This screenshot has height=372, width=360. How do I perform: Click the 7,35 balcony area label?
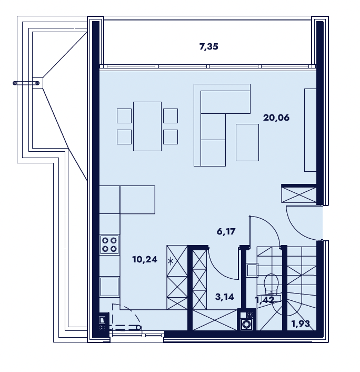coord(208,47)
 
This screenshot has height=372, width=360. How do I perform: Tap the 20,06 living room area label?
coord(276,118)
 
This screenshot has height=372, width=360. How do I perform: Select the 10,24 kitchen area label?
coord(145,259)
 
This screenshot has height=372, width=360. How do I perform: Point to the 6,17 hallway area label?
coord(226,231)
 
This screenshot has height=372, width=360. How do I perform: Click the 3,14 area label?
coord(225,297)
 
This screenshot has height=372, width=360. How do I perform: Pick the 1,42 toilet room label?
coord(265,300)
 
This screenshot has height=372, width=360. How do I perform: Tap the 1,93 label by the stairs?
coord(301,324)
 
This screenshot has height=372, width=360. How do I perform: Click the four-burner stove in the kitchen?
coord(109,244)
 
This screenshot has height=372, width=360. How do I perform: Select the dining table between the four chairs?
coord(147,126)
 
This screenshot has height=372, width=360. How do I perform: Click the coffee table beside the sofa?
coord(247,142)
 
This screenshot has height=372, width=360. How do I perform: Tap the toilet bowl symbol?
coord(272,282)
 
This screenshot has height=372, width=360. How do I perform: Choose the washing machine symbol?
coord(247,324)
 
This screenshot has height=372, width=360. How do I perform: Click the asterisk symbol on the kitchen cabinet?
coord(171,262)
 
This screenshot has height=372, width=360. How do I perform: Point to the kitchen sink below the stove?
coord(109,287)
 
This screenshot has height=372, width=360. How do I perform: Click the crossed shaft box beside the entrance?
coord(299,194)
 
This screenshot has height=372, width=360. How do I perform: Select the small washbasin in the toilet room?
coord(252,270)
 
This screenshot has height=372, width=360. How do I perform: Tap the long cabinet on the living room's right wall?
coord(311,130)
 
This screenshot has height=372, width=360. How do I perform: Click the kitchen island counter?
coord(137,200)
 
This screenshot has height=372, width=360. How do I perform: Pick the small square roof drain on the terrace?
coord(37,83)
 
